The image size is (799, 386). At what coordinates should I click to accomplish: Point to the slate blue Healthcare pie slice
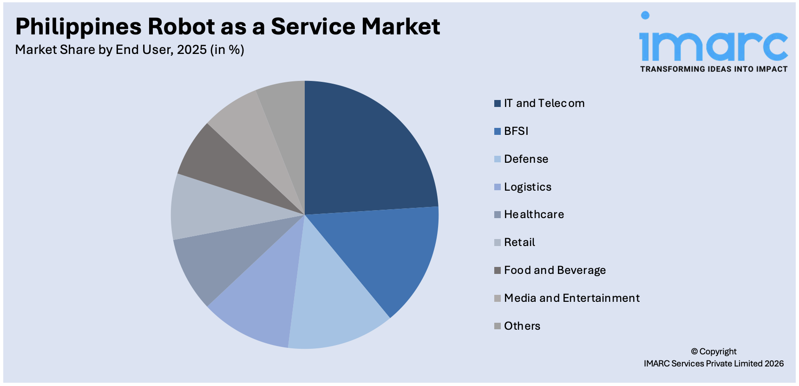tap(218, 260)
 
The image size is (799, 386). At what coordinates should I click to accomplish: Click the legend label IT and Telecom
tap(544, 103)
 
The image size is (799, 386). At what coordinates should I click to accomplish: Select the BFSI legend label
tap(516, 131)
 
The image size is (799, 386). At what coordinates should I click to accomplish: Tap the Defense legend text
tap(526, 159)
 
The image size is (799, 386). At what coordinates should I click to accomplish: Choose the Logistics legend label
tap(528, 187)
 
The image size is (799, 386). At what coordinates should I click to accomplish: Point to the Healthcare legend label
tap(534, 214)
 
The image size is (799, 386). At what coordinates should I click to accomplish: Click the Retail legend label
tap(519, 242)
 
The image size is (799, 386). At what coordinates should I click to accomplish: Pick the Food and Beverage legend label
tap(555, 270)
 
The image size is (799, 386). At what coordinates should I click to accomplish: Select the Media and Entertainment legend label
tap(572, 298)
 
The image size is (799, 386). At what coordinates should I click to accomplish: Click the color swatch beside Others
tap(498, 326)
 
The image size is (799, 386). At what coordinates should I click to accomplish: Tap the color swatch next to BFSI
tap(498, 131)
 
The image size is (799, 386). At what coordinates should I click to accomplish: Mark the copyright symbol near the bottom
tap(694, 352)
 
